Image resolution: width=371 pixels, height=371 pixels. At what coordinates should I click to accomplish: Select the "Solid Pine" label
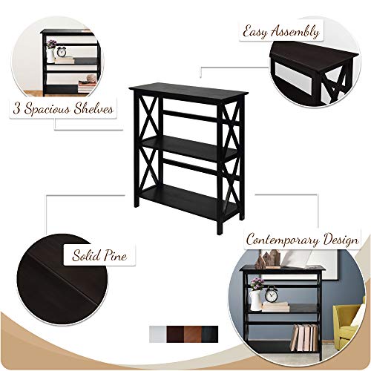point(99,256)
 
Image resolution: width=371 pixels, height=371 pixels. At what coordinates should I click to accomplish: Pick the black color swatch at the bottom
point(211,329)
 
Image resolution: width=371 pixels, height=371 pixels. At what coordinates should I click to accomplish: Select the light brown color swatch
point(194,329)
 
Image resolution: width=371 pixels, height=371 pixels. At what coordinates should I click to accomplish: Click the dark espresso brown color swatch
point(176,329)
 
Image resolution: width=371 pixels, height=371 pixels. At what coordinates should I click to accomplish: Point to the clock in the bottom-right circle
point(271,296)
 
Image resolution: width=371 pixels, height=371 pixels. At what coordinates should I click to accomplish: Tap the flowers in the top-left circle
point(50,45)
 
